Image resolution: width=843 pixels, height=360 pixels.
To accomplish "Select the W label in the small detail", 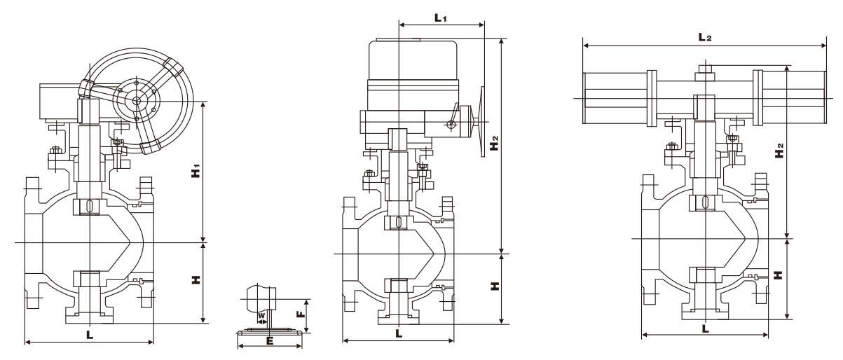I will coord(261,316).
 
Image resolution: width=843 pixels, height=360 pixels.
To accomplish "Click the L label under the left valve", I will coord(90,335).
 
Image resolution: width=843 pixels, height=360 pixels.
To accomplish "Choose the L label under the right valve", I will coord(704,327).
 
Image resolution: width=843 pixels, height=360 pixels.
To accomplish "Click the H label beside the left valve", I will coord(197,279).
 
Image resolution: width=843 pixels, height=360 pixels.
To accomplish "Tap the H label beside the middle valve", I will coord(495,287).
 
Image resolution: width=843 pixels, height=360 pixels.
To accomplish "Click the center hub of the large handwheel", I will coord(137,102).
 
